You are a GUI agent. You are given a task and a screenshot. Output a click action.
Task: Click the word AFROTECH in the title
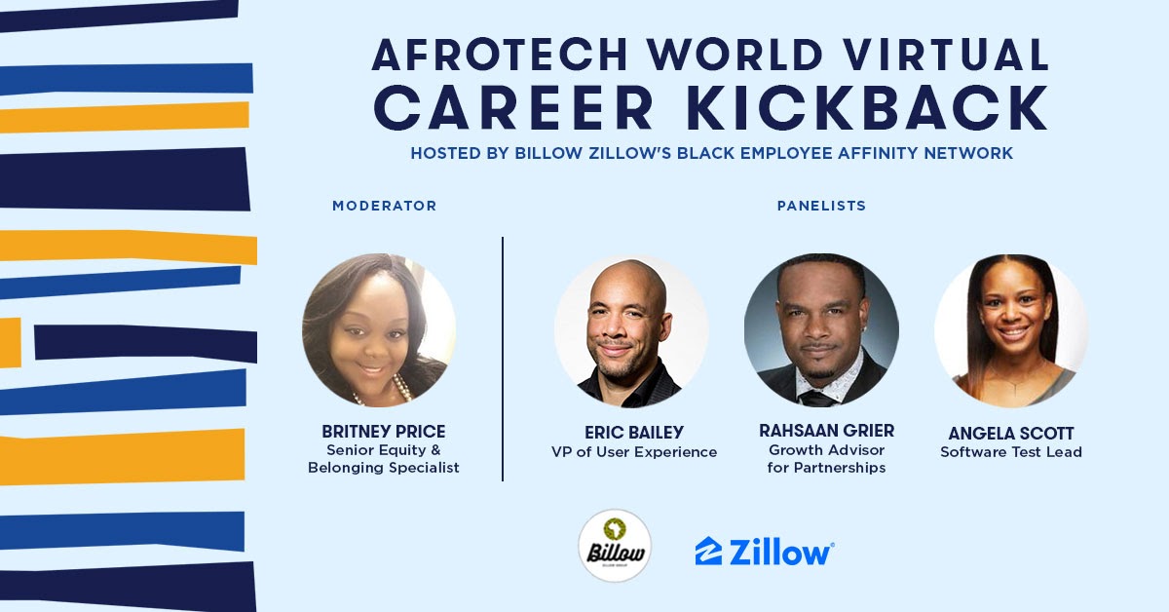[x=500, y=55]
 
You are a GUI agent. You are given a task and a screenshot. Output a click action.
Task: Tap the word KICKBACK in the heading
[x=867, y=107]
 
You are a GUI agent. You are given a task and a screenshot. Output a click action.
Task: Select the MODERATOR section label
[x=385, y=206]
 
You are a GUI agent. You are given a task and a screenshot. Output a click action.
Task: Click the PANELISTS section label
[x=821, y=206]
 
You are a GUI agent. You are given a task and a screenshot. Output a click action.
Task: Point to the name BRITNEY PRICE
[x=384, y=432]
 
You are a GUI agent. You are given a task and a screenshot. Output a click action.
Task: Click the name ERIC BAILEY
[x=634, y=433]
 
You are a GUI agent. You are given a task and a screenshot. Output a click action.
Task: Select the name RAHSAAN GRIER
[x=827, y=431]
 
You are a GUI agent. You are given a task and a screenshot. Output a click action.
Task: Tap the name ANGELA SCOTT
[x=1011, y=434]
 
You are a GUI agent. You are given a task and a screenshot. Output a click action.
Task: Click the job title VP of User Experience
[x=634, y=452]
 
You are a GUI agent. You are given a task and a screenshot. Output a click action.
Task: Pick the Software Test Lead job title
[x=1011, y=452]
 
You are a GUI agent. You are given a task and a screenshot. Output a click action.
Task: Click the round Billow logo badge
[x=615, y=546]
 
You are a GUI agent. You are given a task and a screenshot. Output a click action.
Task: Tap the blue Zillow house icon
[x=708, y=551]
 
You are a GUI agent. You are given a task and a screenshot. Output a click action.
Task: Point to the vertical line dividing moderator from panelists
[x=503, y=359]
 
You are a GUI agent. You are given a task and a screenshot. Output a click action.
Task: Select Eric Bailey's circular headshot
[x=631, y=330]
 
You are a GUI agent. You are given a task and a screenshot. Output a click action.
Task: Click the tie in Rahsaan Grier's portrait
[x=817, y=399]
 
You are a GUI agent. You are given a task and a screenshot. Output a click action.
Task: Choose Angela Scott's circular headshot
[x=1011, y=330]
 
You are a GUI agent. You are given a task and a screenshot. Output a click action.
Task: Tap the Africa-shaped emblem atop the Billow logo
[x=615, y=529]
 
